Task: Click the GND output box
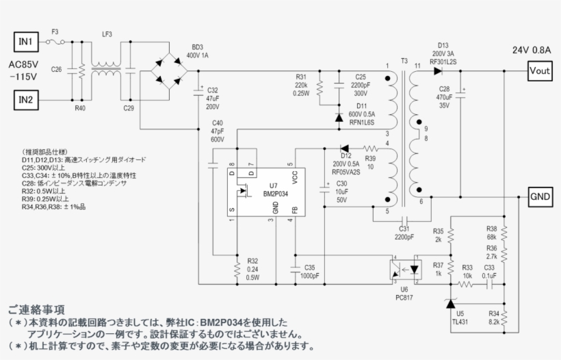[x=540, y=196]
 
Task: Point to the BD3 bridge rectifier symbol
[x=169, y=70]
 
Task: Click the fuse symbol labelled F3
[x=56, y=42]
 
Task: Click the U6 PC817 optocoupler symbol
[x=404, y=269]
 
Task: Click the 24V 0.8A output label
[x=534, y=49]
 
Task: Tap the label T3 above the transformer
[x=404, y=62]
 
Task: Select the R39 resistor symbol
[x=370, y=148]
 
